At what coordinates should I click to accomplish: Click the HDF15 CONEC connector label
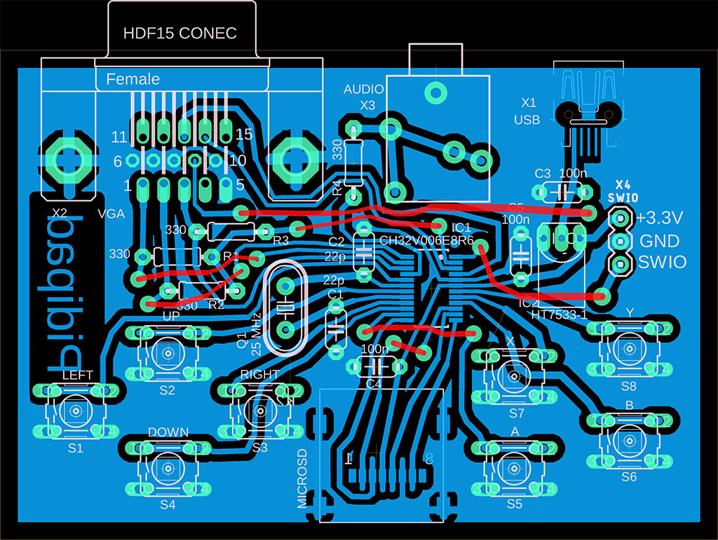tap(180, 33)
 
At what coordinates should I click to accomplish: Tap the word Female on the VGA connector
tap(133, 79)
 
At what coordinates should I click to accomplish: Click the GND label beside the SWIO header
tap(660, 241)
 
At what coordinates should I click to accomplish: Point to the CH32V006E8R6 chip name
tap(426, 240)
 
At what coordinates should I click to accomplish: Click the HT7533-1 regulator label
tap(559, 315)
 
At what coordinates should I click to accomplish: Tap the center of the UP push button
tap(168, 352)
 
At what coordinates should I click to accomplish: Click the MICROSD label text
tap(302, 478)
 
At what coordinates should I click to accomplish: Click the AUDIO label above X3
tap(363, 90)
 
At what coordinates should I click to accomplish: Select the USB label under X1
tap(527, 120)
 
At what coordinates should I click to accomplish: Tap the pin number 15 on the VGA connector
tap(244, 133)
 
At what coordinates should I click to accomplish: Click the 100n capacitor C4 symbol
tap(375, 366)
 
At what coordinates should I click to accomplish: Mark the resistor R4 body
tap(354, 161)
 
